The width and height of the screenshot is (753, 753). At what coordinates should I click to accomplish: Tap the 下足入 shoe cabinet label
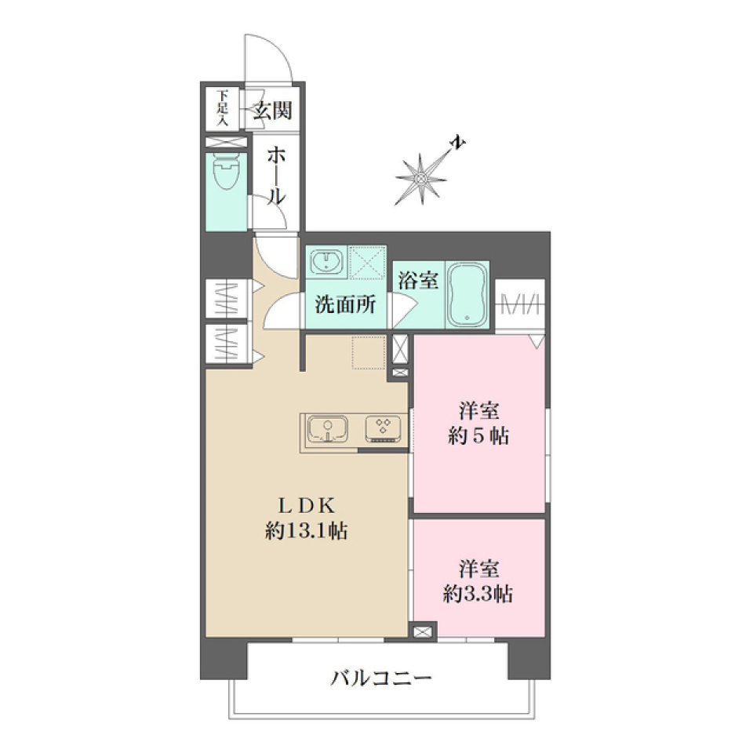[223, 109]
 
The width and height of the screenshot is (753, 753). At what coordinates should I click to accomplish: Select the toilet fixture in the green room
[226, 172]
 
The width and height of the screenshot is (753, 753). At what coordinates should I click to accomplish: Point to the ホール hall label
[274, 176]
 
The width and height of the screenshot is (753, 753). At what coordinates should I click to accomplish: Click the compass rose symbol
[421, 179]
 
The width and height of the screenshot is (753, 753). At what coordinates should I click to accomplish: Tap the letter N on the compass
[458, 144]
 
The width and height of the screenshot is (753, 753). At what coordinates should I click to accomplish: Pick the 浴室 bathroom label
[418, 281]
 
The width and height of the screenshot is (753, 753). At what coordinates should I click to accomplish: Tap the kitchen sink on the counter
[327, 429]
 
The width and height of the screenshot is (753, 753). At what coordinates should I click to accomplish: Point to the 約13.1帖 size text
[307, 531]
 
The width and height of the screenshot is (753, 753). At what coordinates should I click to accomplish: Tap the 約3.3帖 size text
[478, 594]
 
